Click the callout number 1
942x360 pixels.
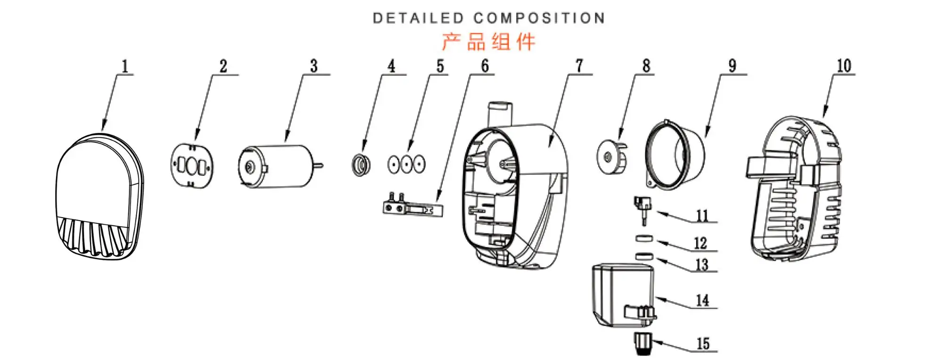(x=125, y=66)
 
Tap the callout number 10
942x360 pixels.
(x=844, y=66)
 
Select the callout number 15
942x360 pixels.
(x=703, y=344)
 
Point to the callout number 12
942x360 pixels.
(x=700, y=243)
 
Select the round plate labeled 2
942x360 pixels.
(x=192, y=165)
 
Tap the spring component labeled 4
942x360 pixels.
(x=361, y=165)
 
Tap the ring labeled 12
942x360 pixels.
(x=644, y=238)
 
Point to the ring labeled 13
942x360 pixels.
(x=644, y=256)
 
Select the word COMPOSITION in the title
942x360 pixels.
(x=539, y=18)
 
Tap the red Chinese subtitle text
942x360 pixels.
(x=488, y=42)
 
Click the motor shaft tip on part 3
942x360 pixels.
(x=322, y=165)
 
